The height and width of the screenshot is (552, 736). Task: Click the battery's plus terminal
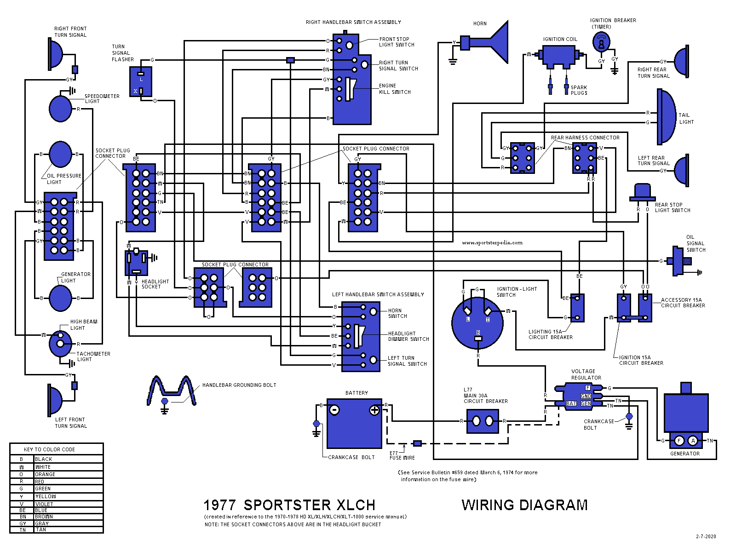pos(374,410)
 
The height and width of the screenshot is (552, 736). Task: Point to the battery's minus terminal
pos(335,410)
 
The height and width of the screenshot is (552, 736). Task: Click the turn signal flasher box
pos(141,82)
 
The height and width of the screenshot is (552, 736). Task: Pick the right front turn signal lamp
pos(55,54)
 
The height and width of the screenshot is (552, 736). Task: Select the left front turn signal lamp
pos(55,400)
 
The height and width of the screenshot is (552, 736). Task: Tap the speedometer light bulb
pos(60,109)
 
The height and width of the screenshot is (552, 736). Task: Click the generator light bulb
pos(60,298)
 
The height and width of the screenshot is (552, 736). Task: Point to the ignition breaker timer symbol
pos(601,43)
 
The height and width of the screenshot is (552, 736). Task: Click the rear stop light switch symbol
pos(642,192)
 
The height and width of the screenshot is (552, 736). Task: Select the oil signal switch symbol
pos(679,261)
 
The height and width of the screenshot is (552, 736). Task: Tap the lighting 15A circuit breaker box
pos(577,308)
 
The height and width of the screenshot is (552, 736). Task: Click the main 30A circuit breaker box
pos(483,421)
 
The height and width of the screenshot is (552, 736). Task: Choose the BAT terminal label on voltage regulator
pos(571,403)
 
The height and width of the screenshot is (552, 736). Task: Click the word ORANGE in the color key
pos(45,474)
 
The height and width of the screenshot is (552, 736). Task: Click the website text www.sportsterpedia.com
pos(492,242)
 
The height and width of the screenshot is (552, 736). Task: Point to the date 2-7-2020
pos(706,536)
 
